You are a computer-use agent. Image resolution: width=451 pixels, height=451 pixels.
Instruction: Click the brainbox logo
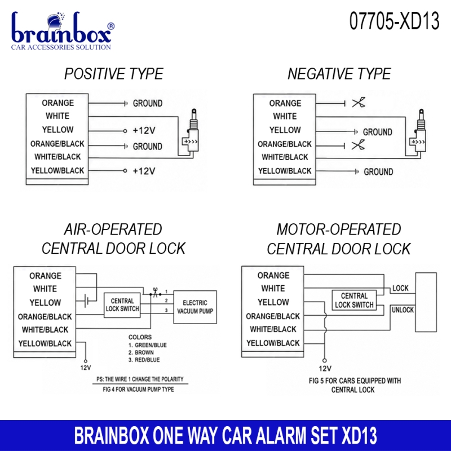(63, 31)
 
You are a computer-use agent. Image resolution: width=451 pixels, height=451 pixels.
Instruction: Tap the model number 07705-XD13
(394, 21)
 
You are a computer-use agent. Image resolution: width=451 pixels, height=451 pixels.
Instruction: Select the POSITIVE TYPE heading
(114, 74)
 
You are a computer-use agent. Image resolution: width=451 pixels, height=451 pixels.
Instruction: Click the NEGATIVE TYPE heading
(339, 74)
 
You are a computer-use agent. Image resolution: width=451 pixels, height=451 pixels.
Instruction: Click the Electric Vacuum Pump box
(195, 307)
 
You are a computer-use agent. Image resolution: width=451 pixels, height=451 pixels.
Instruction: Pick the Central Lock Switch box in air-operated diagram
(122, 305)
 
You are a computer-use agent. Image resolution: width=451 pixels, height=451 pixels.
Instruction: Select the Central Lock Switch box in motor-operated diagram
(354, 300)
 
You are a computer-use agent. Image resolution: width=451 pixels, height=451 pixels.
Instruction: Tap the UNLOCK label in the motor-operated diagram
(403, 309)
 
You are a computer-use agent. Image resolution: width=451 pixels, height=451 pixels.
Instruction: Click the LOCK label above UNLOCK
(400, 288)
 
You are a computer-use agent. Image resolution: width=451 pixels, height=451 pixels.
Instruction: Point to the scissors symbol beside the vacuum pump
(156, 292)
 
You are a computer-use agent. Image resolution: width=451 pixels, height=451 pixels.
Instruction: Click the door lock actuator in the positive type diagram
(191, 133)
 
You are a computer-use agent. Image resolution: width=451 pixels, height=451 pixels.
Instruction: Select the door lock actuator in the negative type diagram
(418, 133)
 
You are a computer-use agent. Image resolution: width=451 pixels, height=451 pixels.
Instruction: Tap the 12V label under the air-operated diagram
(86, 368)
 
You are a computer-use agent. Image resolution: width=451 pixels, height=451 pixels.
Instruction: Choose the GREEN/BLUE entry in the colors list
(148, 345)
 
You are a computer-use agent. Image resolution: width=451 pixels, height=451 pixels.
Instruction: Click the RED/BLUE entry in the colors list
(144, 360)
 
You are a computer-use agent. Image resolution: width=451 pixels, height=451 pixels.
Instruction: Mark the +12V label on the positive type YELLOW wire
(144, 131)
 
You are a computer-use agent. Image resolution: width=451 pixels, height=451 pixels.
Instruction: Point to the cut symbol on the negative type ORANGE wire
(359, 103)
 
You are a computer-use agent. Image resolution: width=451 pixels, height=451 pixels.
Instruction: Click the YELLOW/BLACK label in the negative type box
(285, 171)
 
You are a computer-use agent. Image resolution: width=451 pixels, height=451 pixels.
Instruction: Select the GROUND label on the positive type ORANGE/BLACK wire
(148, 147)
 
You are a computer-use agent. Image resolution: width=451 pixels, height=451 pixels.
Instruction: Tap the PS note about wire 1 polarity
(140, 379)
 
